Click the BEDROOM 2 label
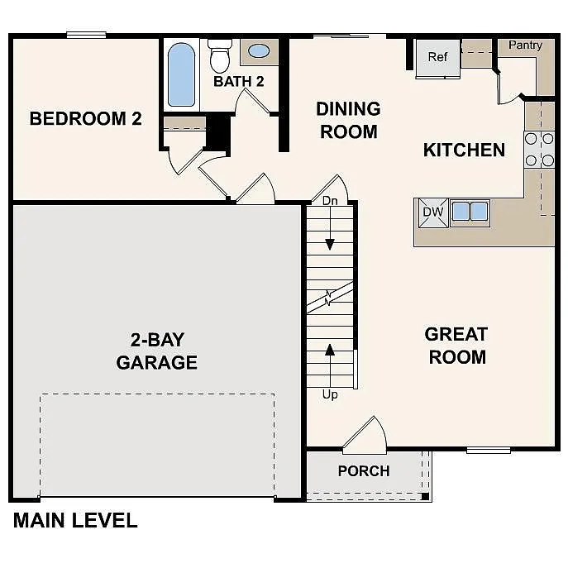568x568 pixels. pos(85,119)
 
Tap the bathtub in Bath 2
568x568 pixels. pos(181,74)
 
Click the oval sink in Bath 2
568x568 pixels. pos(259,51)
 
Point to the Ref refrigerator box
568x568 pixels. pos(437,58)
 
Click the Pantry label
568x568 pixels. pos(525,45)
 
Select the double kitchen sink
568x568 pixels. pos(469,211)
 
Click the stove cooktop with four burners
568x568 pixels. pos(539,150)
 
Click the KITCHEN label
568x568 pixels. pos(464,150)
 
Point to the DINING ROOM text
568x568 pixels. pos(348,120)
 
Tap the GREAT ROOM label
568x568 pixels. pos(456,346)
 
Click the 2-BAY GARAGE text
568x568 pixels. pos(157,351)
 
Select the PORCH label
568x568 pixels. pos(364,471)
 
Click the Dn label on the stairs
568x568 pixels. pos(330,201)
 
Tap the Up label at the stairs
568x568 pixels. pos(330,394)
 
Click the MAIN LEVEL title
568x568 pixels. pos(75,521)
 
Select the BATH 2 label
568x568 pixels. pos(238,81)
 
